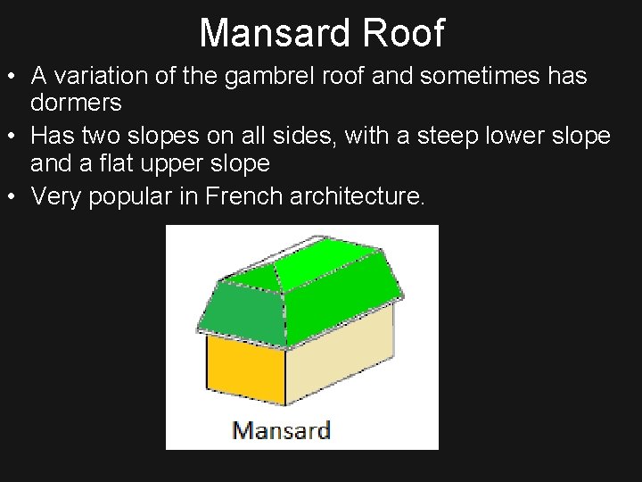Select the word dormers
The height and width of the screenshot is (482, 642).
pyautogui.click(x=76, y=103)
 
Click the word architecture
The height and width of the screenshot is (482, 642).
pyautogui.click(x=358, y=196)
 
